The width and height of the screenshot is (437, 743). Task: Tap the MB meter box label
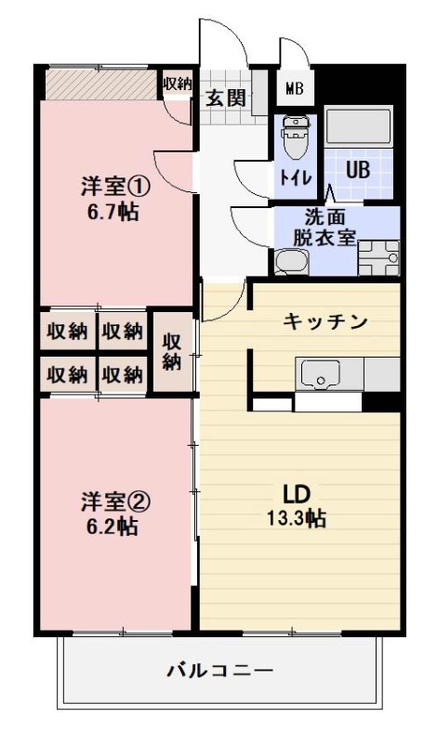pyautogui.click(x=295, y=90)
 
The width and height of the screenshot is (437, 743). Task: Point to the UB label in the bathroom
pyautogui.click(x=358, y=171)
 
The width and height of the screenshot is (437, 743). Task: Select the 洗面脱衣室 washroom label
pyautogui.click(x=324, y=228)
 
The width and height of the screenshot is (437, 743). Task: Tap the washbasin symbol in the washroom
pyautogui.click(x=289, y=262)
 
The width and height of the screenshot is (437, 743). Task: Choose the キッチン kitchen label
pyautogui.click(x=324, y=321)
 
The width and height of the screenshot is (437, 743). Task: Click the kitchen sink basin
pyautogui.click(x=323, y=376)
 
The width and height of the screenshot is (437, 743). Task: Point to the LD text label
pyautogui.click(x=296, y=493)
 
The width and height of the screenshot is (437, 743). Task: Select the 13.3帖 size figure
pyautogui.click(x=296, y=518)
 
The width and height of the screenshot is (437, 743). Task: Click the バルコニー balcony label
pyautogui.click(x=220, y=670)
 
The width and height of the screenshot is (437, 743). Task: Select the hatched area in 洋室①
pyautogui.click(x=100, y=85)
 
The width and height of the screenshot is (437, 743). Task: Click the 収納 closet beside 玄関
pyautogui.click(x=177, y=84)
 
